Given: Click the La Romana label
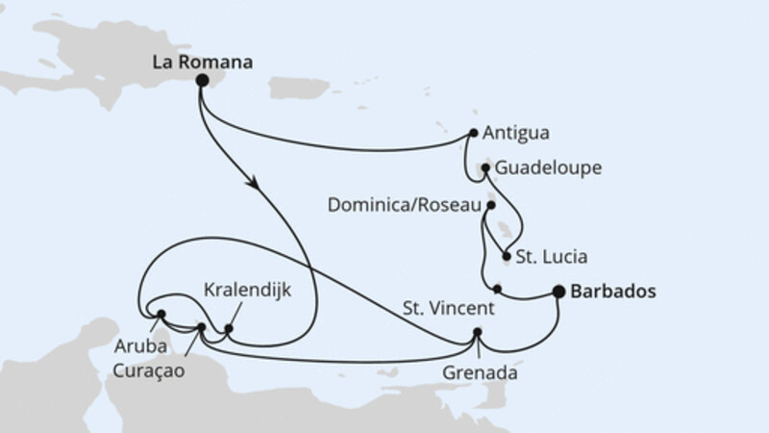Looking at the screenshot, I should [x=203, y=64].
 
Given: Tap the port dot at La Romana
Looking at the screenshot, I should [x=202, y=82].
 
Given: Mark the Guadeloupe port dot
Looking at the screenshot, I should [x=486, y=168].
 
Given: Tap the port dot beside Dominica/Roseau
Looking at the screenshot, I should [x=492, y=205].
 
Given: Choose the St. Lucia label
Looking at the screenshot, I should [x=552, y=257].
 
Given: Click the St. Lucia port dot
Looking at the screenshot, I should [x=507, y=256].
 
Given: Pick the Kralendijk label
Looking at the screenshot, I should [x=246, y=289].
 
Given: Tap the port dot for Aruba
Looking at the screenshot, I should [x=161, y=315].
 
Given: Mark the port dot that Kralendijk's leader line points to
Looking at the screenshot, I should [x=228, y=329].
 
